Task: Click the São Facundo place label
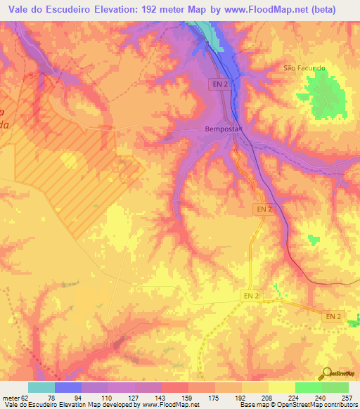pyautogui.click(x=304, y=68)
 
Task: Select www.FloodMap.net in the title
pyautogui.click(x=269, y=9)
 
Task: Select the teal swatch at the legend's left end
pyautogui.click(x=41, y=387)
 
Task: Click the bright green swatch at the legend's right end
pyautogui.click(x=335, y=387)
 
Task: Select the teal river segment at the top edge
pyautogui.click(x=210, y=32)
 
